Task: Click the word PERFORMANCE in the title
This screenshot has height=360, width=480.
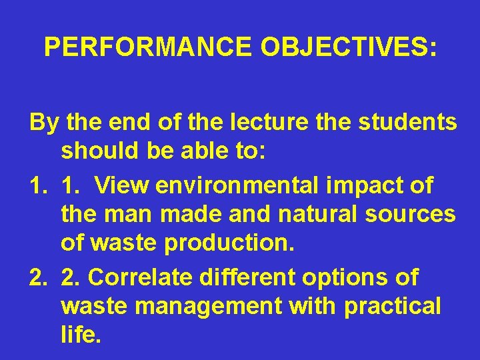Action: [x=147, y=47]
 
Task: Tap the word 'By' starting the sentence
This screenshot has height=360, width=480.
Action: [x=43, y=123]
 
